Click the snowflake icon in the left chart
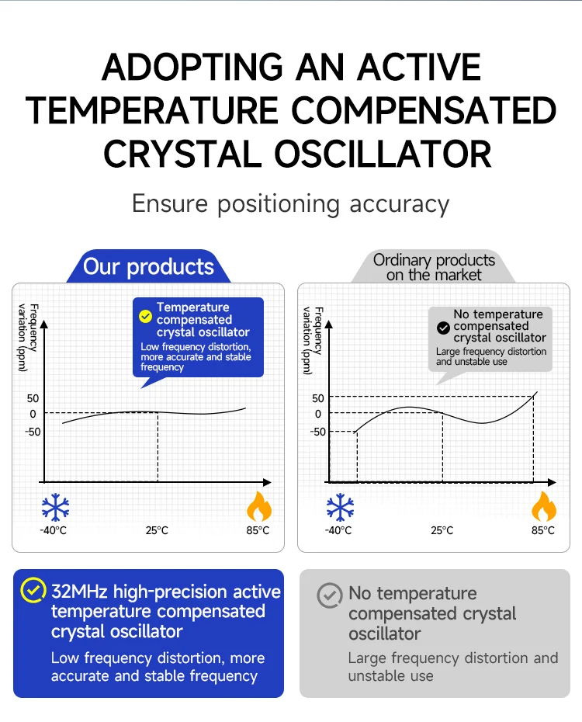click(x=55, y=508)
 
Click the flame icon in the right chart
click(x=544, y=506)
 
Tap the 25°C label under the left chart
click(x=157, y=530)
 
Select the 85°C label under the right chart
click(x=543, y=530)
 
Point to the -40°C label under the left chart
click(x=54, y=530)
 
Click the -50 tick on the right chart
click(x=317, y=432)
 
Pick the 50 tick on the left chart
click(x=33, y=398)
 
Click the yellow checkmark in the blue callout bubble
click(x=145, y=316)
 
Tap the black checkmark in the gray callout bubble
click(x=443, y=328)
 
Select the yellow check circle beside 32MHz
click(x=33, y=590)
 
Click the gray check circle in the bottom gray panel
click(x=330, y=595)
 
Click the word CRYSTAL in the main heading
click(x=182, y=154)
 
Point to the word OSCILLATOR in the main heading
click(x=383, y=154)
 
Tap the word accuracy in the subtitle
click(x=400, y=204)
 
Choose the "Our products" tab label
click(x=149, y=266)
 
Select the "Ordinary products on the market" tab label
click(x=434, y=267)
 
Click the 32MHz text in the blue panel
click(x=80, y=592)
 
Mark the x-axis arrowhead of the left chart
click(x=267, y=482)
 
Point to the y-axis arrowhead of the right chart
click(x=328, y=325)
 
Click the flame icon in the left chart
click(x=259, y=506)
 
